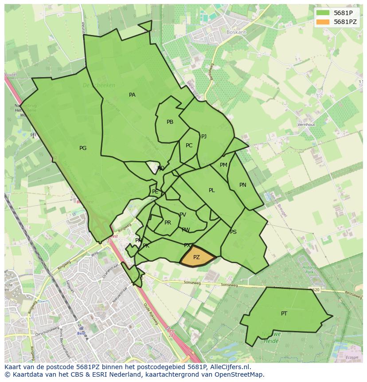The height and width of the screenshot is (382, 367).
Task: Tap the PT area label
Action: (x=284, y=314)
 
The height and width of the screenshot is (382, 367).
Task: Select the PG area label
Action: (x=83, y=148)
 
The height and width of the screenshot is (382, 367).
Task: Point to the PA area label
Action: (x=132, y=95)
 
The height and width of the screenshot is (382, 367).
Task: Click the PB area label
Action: (x=170, y=122)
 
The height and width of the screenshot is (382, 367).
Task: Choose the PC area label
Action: (x=189, y=146)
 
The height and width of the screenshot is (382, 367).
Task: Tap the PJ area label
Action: (x=204, y=137)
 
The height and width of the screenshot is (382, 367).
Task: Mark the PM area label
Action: (x=223, y=165)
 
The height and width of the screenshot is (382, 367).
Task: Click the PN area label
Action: (x=242, y=185)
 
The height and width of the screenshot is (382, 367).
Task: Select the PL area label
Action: (x=212, y=190)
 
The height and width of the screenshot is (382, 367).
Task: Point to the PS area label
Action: (x=233, y=232)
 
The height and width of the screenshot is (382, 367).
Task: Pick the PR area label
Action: (x=168, y=223)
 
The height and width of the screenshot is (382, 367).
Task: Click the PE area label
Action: (x=155, y=192)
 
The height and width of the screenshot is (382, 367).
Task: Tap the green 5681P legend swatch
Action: (x=323, y=12)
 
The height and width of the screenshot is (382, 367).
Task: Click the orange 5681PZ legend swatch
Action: (x=323, y=22)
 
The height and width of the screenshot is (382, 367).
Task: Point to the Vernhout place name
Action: (x=306, y=125)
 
